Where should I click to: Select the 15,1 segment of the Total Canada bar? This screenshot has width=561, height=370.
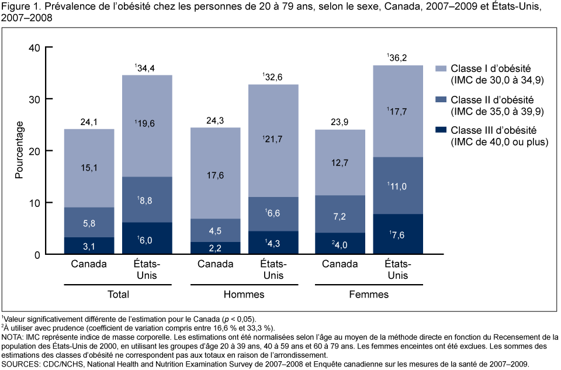[89, 168]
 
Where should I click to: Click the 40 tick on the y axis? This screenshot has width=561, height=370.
[33, 47]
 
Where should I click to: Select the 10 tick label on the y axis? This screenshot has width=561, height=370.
[33, 203]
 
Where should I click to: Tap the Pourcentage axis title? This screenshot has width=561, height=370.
[19, 150]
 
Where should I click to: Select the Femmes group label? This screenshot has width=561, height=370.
[369, 295]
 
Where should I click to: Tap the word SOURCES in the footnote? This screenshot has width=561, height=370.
[23, 364]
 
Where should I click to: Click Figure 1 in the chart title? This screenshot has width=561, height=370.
[19, 7]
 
